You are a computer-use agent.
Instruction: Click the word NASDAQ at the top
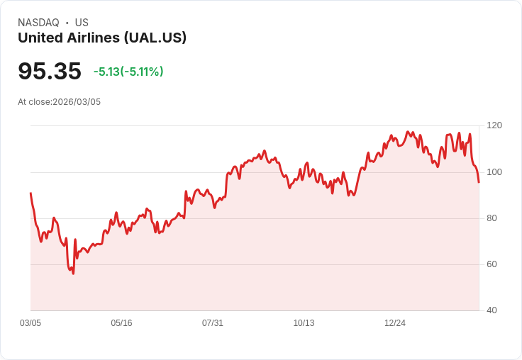pyautogui.click(x=38, y=23)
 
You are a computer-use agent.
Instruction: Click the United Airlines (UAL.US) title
pyautogui.click(x=102, y=38)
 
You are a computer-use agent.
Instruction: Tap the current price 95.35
pyautogui.click(x=50, y=71)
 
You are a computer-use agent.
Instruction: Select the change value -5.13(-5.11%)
pyautogui.click(x=128, y=72)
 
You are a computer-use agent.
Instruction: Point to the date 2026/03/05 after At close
pyautogui.click(x=77, y=102)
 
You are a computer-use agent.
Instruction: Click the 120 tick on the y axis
pyautogui.click(x=494, y=125)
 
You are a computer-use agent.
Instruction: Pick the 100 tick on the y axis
pyautogui.click(x=494, y=172)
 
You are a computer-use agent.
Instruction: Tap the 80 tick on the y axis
pyautogui.click(x=492, y=218)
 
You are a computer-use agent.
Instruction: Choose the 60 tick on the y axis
pyautogui.click(x=492, y=264)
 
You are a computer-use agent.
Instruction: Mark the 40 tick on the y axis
pyautogui.click(x=492, y=310)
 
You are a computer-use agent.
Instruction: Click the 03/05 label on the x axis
pyautogui.click(x=30, y=323)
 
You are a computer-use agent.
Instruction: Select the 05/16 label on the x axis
pyautogui.click(x=121, y=323)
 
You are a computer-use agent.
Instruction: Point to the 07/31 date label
pyautogui.click(x=213, y=323)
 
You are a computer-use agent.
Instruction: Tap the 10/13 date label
pyautogui.click(x=304, y=323)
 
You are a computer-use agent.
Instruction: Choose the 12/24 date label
pyautogui.click(x=395, y=323)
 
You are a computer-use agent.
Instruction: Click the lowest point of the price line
pyautogui.click(x=73, y=274)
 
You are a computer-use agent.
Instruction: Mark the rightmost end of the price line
pyautogui.click(x=479, y=182)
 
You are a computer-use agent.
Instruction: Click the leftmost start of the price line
pyautogui.click(x=30, y=193)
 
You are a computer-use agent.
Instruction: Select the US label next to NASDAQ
pyautogui.click(x=82, y=23)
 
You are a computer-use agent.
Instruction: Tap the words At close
pyautogui.click(x=34, y=102)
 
